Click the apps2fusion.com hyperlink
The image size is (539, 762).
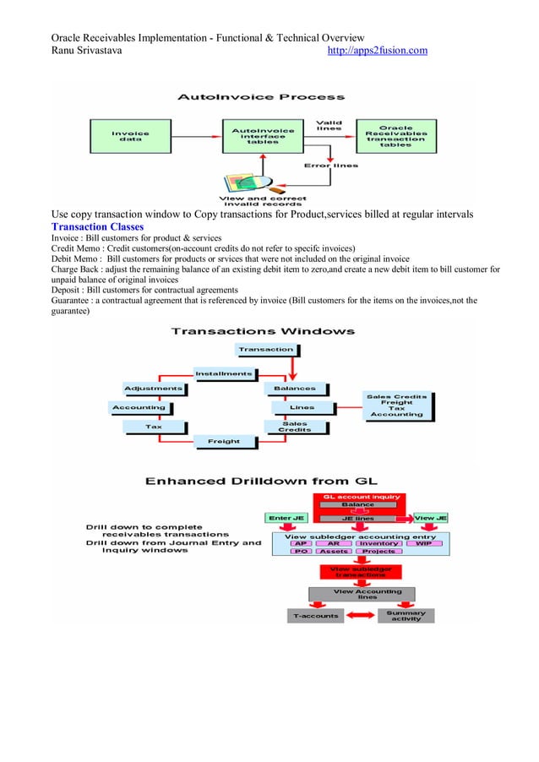click(377, 52)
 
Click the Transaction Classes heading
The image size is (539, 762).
click(97, 227)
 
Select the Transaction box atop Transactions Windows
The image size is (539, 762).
click(266, 349)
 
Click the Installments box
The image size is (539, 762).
click(224, 373)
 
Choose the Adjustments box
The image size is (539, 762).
click(153, 389)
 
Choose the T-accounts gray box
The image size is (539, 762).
click(316, 616)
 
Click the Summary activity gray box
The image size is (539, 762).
click(406, 616)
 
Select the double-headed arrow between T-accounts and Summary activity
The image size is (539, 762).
click(362, 616)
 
